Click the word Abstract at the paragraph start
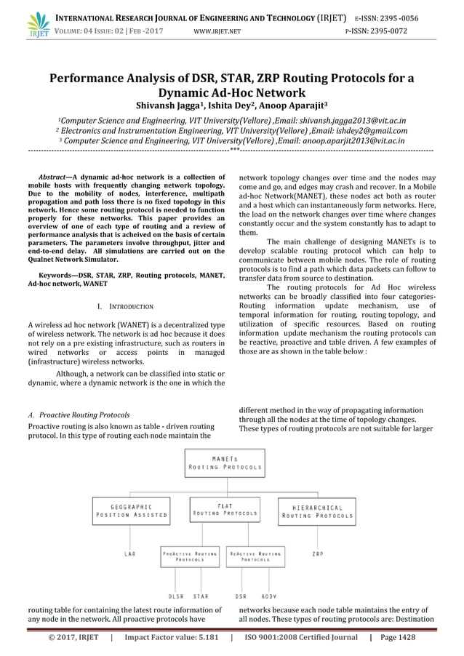tap(52, 177)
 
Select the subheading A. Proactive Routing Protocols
tap(84, 415)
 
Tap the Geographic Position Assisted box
tap(130, 510)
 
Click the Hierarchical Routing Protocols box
tap(317, 510)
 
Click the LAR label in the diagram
tap(129, 553)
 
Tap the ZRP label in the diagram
tap(318, 553)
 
